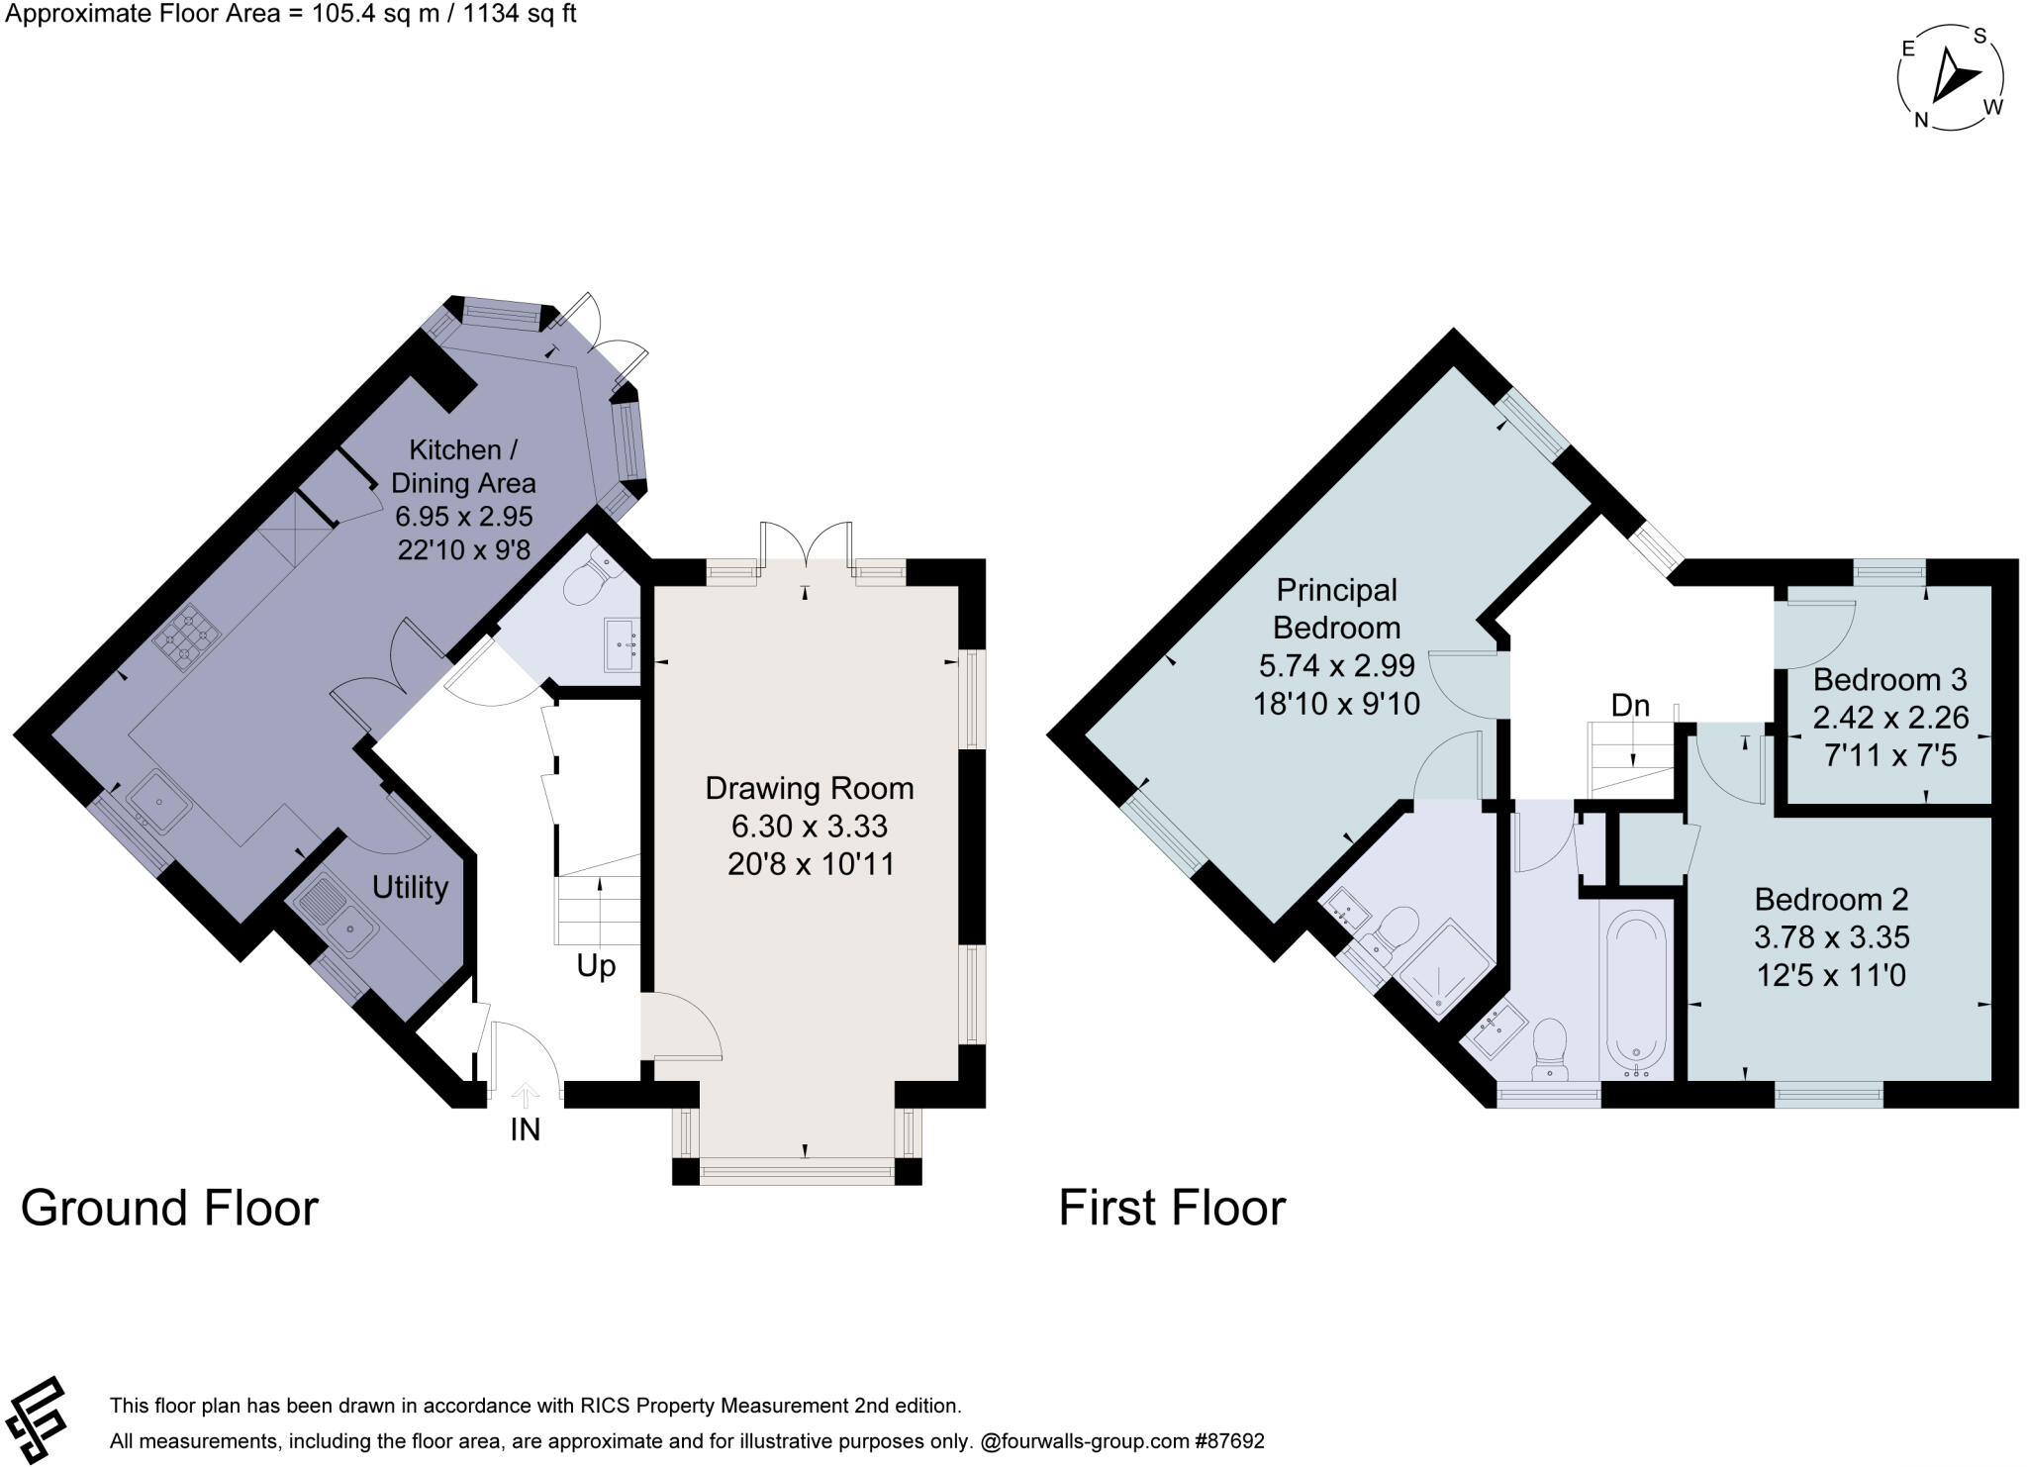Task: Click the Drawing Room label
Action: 809,788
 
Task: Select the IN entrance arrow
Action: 526,1096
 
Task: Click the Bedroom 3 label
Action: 1888,680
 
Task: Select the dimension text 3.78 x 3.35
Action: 1831,937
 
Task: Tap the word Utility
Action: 410,887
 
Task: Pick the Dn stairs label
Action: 1630,705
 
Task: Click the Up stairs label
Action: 596,965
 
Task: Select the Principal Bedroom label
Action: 1336,608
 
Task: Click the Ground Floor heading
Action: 169,1208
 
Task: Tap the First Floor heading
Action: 1172,1208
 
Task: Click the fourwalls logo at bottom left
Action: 35,1418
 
